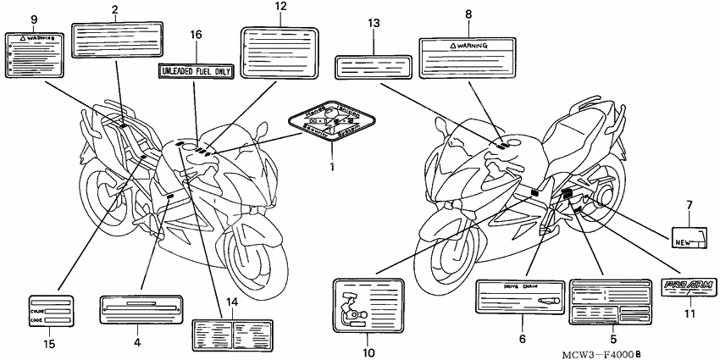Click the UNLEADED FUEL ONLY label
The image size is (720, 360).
[x=195, y=71]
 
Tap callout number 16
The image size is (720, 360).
[x=196, y=35]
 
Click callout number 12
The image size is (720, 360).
[x=280, y=8]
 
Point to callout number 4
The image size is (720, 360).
[x=136, y=342]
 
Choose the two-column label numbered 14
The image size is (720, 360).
[x=231, y=330]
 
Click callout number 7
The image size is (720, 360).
[x=689, y=204]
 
